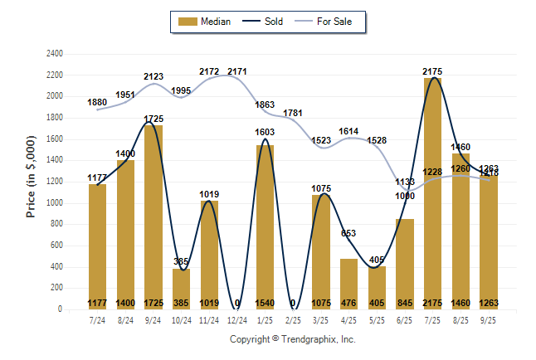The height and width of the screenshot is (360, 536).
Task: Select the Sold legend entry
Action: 265,22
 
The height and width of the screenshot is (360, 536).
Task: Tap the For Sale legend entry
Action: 333,22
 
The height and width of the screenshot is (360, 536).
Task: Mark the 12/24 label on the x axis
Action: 236,320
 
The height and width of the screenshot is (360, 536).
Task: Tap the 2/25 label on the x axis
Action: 293,320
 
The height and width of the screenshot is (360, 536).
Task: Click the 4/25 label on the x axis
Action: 348,320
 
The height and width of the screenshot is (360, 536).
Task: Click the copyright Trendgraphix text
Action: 292,339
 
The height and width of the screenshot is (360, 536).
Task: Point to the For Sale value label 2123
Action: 153,76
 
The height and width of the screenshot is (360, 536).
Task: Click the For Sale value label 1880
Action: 98,102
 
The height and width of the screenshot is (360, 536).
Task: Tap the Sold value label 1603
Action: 265,132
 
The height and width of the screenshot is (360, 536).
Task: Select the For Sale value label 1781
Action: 293,113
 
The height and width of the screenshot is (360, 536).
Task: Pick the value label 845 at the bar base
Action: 404,303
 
